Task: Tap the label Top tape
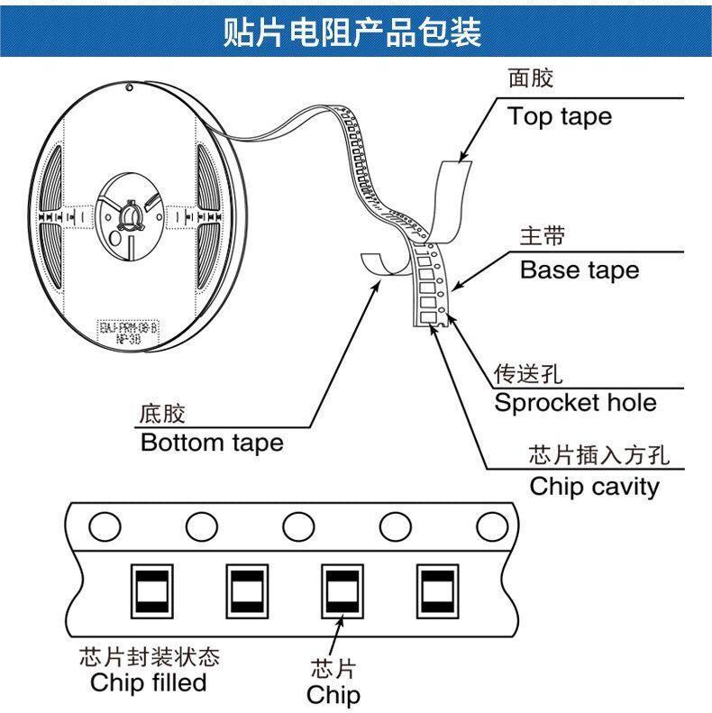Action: coord(559,116)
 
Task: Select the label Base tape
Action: coord(579,270)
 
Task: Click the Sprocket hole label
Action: coord(575,402)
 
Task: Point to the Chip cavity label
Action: coord(594,487)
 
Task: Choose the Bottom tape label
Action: coord(212,443)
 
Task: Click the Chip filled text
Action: coord(148,682)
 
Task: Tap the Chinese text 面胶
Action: coord(530,79)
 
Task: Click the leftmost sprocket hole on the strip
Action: coord(105,525)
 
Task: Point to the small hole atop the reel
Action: coord(130,88)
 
